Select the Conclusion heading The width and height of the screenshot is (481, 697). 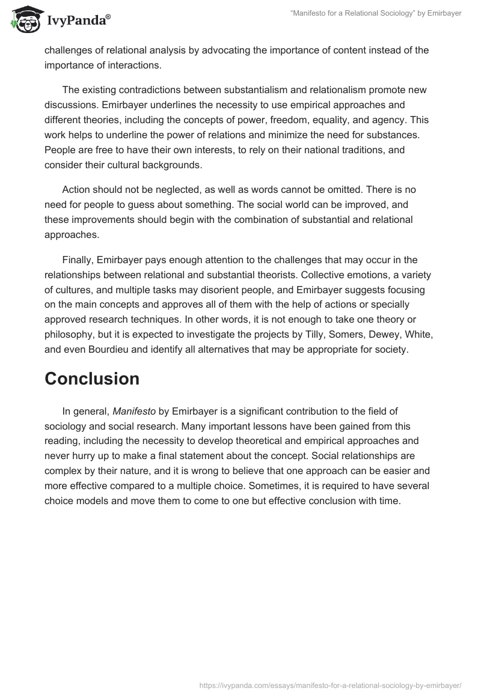tap(92, 379)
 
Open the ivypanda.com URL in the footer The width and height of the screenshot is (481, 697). tap(329, 684)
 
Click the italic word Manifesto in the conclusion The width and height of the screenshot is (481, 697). tap(134, 411)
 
